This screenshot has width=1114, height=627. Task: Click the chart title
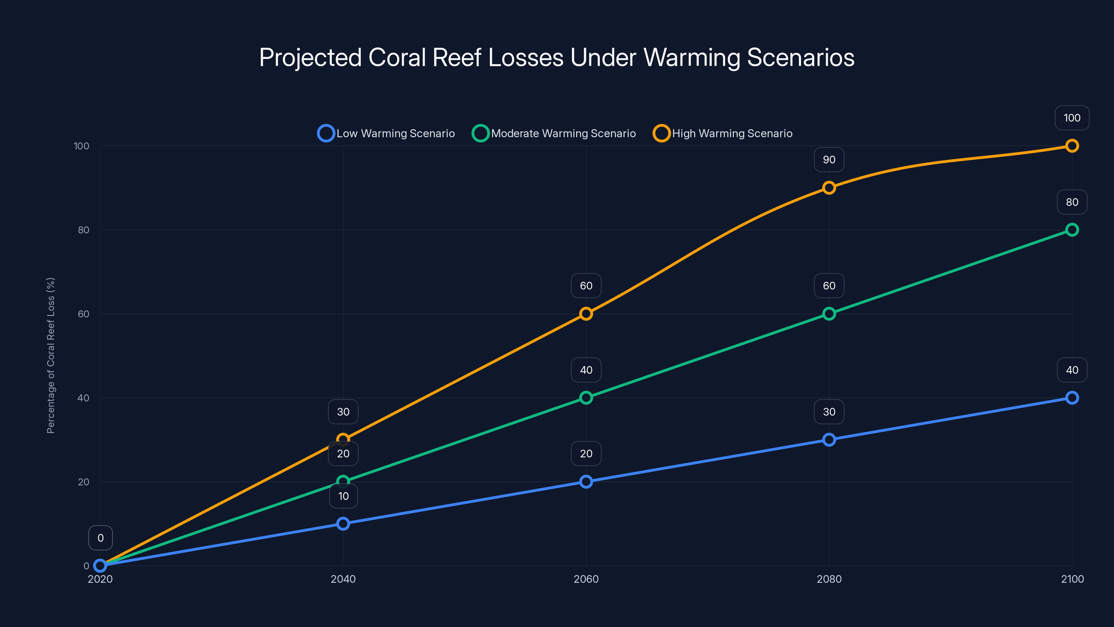click(x=557, y=57)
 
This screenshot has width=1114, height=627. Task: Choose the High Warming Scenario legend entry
click(x=723, y=133)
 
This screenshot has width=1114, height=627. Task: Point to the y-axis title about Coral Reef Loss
click(x=50, y=355)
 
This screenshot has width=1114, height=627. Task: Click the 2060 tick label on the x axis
click(x=586, y=579)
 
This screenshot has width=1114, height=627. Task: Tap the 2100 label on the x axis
click(x=1072, y=579)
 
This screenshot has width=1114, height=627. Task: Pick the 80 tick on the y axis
click(x=84, y=230)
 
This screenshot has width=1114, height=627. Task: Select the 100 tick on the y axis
click(x=81, y=146)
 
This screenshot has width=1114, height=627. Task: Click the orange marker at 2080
click(x=829, y=188)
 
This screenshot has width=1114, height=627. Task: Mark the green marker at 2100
click(x=1072, y=230)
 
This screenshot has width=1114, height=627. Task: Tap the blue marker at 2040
click(x=343, y=524)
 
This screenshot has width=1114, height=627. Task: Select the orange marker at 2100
click(x=1072, y=146)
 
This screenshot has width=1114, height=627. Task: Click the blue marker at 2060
click(x=586, y=482)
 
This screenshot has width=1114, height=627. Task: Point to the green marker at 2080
click(x=829, y=314)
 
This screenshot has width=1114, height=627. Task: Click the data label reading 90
click(x=829, y=160)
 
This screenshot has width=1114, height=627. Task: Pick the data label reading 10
click(x=343, y=496)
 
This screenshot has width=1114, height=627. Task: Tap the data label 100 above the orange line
click(x=1072, y=118)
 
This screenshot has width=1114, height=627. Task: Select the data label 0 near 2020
click(x=100, y=538)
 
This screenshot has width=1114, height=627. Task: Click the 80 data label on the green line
click(x=1072, y=202)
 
